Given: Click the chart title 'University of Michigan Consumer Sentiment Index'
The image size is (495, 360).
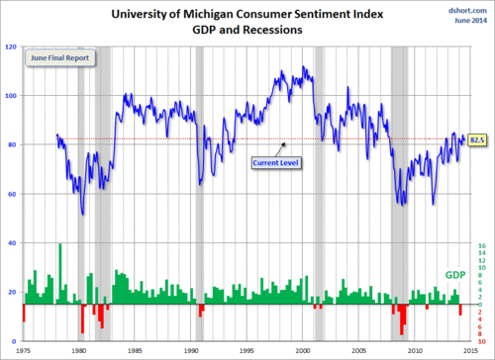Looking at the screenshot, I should point(247,13).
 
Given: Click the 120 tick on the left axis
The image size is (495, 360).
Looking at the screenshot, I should point(13,46).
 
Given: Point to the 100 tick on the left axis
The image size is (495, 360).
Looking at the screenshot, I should point(13,96).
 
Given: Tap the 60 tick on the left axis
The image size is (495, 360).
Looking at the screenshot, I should point(14,194).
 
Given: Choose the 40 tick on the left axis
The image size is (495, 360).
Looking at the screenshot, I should point(14,242).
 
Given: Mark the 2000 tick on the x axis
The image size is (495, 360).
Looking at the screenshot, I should point(296,349).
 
